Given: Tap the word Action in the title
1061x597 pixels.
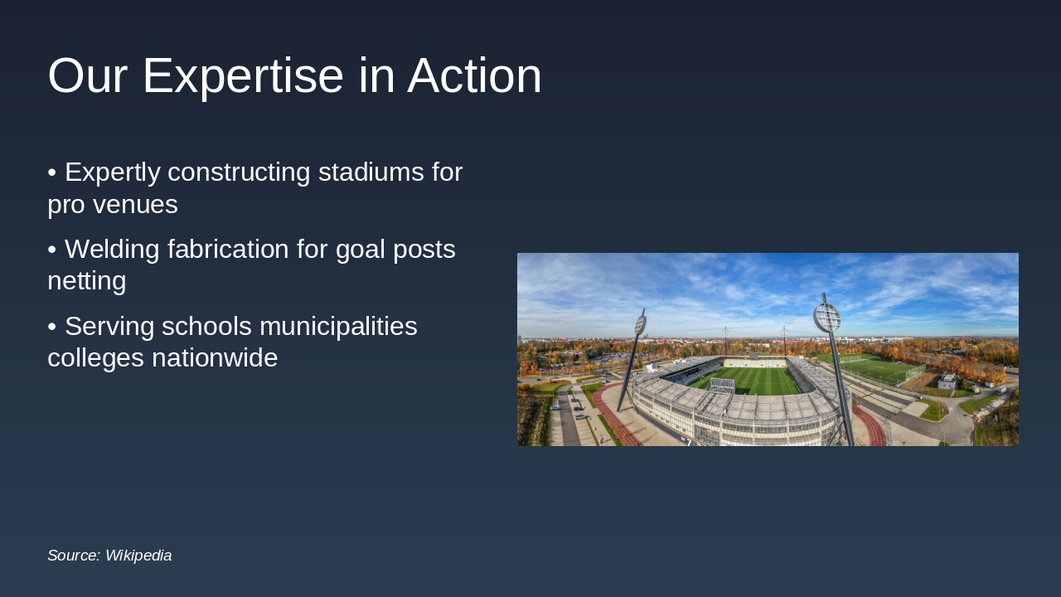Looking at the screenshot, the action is pos(474,75).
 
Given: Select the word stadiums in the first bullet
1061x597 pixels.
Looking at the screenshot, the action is pos(371,172).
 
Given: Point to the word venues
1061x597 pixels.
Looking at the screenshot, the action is pos(135,206).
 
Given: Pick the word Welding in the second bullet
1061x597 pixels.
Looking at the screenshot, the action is pos(112,250).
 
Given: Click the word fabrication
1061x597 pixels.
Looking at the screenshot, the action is pos(228,249).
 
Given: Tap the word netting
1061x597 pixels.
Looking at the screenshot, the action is pos(87,281).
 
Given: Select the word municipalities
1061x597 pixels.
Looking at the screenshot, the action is pos(338,328).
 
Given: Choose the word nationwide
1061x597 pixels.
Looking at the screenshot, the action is pos(215,357).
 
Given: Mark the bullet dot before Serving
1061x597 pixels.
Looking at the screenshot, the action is pos(52,327).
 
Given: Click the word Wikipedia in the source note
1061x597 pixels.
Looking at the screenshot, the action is pos(138,556).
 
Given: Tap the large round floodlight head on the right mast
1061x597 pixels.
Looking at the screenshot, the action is pos(826,318).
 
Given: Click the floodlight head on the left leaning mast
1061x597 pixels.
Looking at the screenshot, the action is pos(641,324).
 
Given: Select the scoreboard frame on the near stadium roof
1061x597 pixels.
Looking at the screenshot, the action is pos(722,386).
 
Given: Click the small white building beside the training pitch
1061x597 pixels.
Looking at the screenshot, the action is pos(947,381).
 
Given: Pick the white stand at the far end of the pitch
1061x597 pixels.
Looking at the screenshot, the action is pos(754,362).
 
